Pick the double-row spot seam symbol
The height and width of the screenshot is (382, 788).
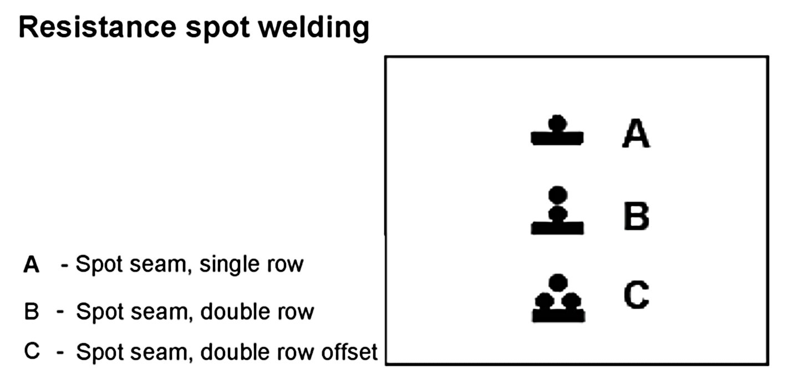point(557,211)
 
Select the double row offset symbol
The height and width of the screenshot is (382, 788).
point(558,299)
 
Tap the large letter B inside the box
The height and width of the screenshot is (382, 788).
point(636,216)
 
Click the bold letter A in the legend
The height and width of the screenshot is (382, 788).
point(32,265)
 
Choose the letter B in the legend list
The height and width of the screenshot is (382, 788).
point(31,312)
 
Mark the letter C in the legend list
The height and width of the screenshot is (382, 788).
point(32,351)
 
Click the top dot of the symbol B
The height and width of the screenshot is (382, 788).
point(557,195)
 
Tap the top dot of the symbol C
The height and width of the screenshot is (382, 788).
point(558,282)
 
